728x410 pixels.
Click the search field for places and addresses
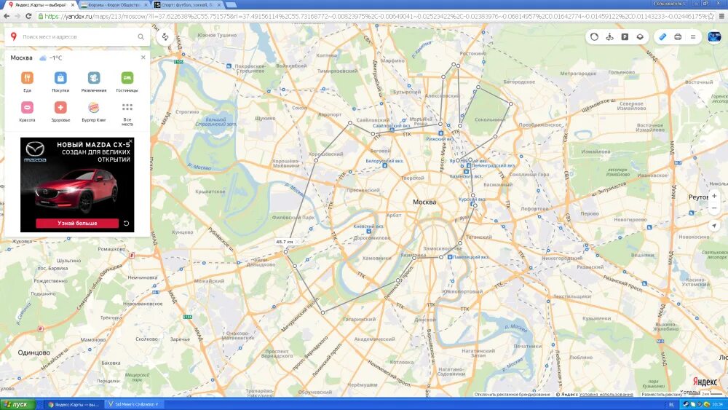pyautogui.click(x=76, y=36)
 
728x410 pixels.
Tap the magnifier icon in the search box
pyautogui.click(x=141, y=36)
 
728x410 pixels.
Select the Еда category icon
pyautogui.click(x=27, y=78)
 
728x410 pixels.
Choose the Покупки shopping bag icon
pyautogui.click(x=60, y=78)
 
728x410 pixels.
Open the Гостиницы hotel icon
pyautogui.click(x=127, y=78)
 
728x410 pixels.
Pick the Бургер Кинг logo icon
pyautogui.click(x=94, y=107)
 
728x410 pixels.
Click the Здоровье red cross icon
pyautogui.click(x=60, y=107)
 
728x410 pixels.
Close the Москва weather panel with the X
pyautogui.click(x=143, y=57)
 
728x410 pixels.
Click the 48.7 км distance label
pyautogui.click(x=284, y=241)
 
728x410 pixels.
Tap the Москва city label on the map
pyautogui.click(x=424, y=202)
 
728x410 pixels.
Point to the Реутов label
pyautogui.click(x=699, y=197)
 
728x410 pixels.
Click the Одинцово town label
pyautogui.click(x=33, y=352)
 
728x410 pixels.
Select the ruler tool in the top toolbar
pyautogui.click(x=662, y=36)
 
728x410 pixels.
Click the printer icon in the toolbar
pyautogui.click(x=678, y=36)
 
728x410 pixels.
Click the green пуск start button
pyautogui.click(x=17, y=404)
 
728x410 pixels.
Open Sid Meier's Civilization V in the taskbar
pyautogui.click(x=133, y=404)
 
